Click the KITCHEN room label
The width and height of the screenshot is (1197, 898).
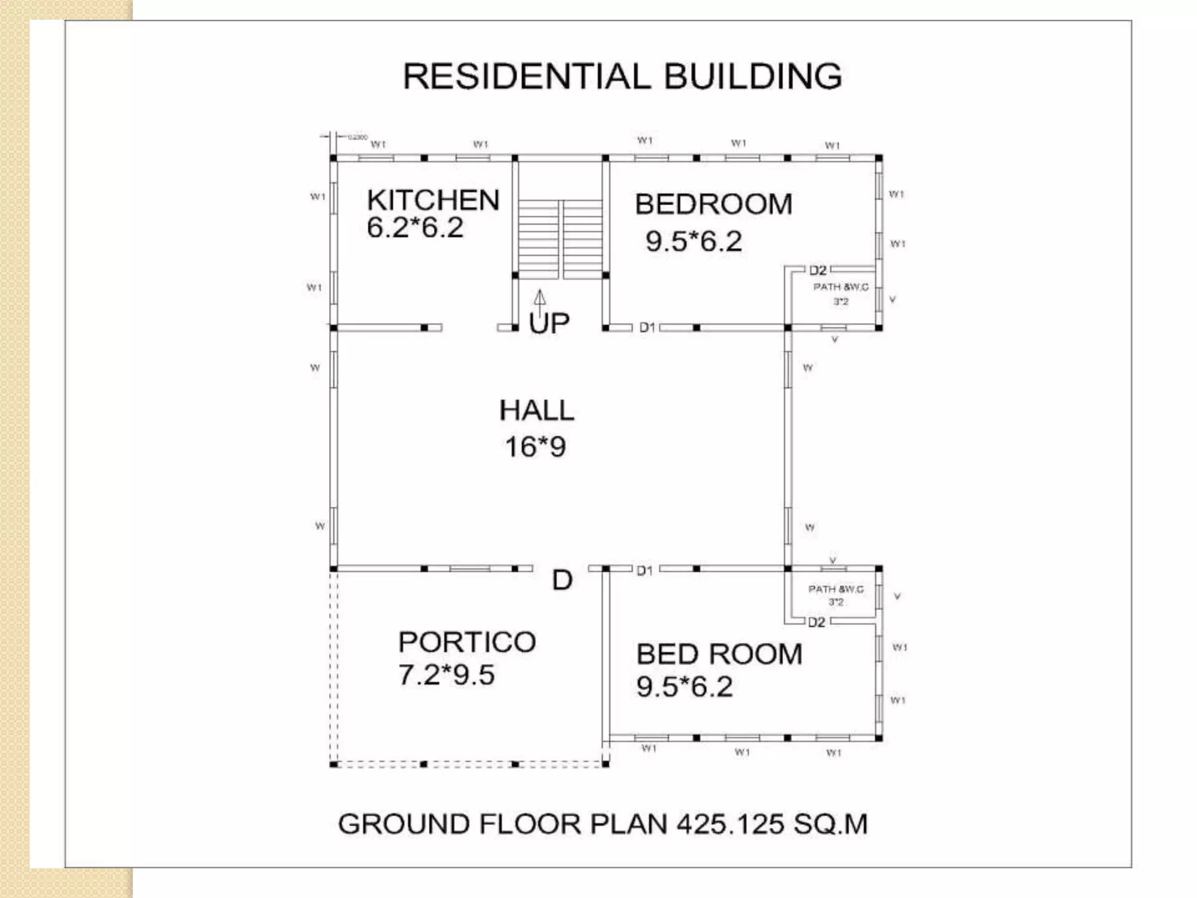tap(433, 201)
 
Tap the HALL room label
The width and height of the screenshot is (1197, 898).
tap(537, 410)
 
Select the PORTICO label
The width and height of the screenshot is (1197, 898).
tap(467, 642)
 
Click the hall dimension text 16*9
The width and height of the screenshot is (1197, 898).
tap(535, 447)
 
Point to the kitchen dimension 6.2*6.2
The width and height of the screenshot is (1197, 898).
tap(415, 228)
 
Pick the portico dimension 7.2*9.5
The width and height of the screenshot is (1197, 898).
tap(447, 675)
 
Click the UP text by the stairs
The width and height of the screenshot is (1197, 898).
tap(549, 323)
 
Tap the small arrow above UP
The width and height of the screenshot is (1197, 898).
tap(540, 298)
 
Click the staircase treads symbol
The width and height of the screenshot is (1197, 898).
tap(560, 239)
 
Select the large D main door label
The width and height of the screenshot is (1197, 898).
tap(562, 580)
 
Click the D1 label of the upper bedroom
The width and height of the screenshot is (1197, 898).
tap(647, 327)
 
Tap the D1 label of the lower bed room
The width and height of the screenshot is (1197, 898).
tap(645, 571)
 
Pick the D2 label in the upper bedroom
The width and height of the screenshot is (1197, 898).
tap(818, 270)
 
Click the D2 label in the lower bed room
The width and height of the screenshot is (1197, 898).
tap(817, 623)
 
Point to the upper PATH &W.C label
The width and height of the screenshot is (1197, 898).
tap(840, 287)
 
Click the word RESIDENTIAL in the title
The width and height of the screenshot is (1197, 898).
tap(526, 77)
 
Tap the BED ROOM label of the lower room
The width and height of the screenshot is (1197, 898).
tap(719, 654)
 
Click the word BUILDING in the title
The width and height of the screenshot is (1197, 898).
tap(753, 77)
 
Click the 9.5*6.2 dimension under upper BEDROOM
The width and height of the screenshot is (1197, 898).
tap(694, 241)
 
